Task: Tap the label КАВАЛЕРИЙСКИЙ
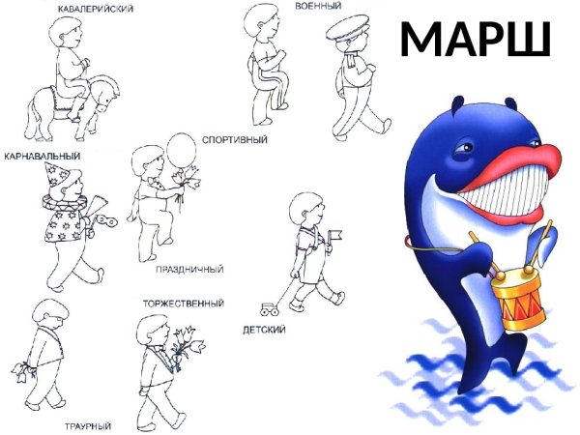(x=95, y=8)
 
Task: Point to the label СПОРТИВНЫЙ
(x=234, y=140)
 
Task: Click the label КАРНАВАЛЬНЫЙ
(x=42, y=155)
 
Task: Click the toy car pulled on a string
(x=268, y=309)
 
